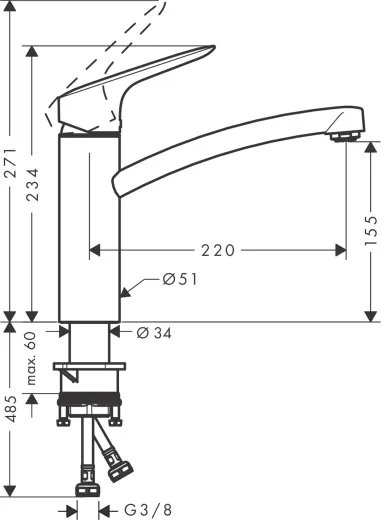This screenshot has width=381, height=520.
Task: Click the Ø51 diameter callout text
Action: (181, 280)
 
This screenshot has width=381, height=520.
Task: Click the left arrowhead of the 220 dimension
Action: (96, 250)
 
